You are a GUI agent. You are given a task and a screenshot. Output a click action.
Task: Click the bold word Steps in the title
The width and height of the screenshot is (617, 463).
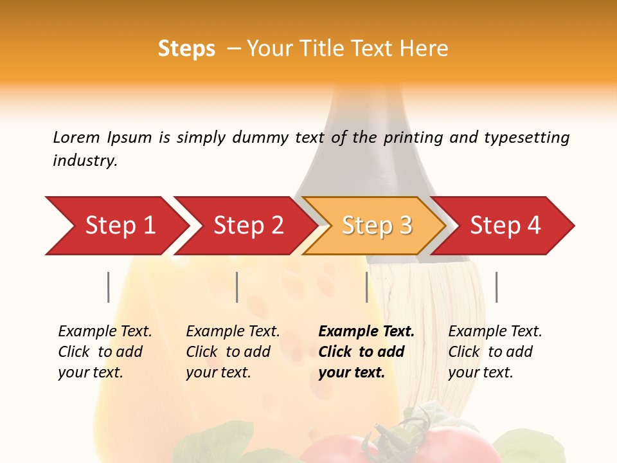(186, 49)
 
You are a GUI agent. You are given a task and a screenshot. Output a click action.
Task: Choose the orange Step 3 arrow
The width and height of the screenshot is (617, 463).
(377, 225)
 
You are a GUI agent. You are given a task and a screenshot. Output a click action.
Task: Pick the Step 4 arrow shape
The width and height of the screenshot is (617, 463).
(505, 225)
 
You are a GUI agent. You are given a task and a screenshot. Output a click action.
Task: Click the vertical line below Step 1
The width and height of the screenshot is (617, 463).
(108, 287)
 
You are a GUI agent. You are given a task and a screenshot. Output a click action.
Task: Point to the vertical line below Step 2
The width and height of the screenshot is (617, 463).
(237, 287)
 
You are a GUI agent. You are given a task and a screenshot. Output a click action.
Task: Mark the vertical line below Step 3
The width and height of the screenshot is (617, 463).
(366, 287)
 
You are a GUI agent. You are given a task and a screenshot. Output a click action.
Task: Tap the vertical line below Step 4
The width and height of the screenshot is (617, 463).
(496, 287)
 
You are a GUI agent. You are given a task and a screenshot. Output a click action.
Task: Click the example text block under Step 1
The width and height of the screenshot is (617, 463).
(105, 352)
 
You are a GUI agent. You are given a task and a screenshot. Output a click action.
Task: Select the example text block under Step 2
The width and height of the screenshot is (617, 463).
(233, 352)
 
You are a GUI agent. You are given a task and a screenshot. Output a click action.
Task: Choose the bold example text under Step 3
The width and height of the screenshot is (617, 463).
(366, 352)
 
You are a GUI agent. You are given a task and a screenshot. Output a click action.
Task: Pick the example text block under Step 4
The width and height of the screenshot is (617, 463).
(495, 352)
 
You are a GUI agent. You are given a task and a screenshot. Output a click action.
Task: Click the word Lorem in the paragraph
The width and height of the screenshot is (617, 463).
(76, 137)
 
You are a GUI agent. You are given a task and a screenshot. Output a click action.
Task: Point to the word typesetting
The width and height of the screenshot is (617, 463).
(526, 138)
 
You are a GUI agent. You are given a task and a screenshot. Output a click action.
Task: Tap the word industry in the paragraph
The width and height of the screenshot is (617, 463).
(85, 161)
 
